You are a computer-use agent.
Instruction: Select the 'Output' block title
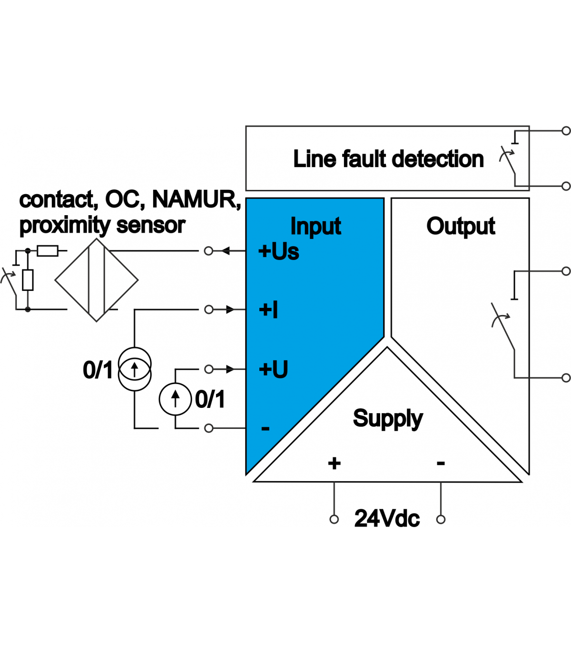click(x=461, y=227)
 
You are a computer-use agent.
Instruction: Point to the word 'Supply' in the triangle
click(x=388, y=418)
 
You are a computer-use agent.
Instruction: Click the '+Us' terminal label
click(x=278, y=251)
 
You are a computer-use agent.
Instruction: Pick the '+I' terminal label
click(x=268, y=309)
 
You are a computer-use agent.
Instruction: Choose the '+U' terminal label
click(x=274, y=369)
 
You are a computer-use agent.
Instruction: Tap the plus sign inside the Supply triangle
click(x=334, y=463)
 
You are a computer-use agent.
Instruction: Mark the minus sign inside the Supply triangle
click(x=441, y=463)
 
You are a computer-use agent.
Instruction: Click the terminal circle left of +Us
click(x=208, y=251)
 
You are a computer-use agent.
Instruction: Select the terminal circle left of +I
click(x=208, y=309)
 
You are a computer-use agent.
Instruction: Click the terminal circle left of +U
click(x=208, y=369)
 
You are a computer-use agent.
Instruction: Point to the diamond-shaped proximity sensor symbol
click(x=96, y=280)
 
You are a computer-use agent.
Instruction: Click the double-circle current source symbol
click(x=135, y=369)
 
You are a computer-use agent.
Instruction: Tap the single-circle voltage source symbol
click(x=175, y=399)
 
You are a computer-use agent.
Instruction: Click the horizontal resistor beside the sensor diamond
click(x=48, y=251)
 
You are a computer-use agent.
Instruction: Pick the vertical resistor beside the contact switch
click(x=28, y=280)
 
